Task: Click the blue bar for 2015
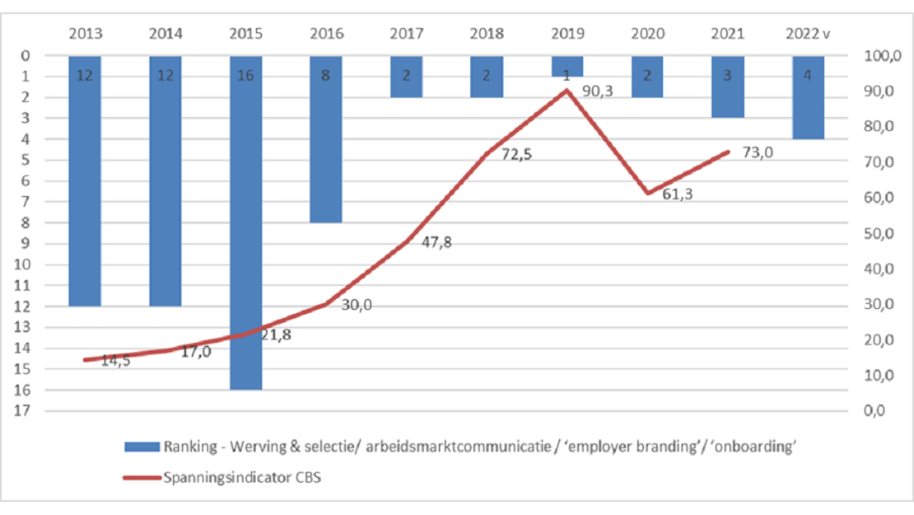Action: point(245,222)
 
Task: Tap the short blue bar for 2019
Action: point(567,66)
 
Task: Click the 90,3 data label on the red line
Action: point(599,91)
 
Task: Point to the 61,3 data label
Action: point(678,216)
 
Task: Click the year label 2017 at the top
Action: point(406,34)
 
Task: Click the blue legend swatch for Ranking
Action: point(141,447)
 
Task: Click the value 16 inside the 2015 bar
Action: point(245,76)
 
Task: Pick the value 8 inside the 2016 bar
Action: point(326,76)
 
